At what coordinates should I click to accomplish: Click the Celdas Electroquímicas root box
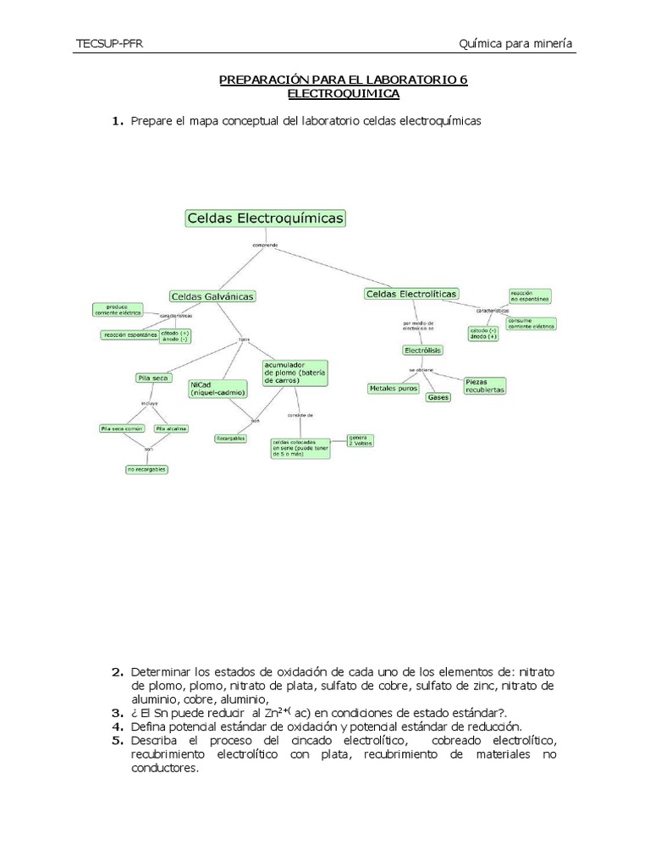pos(265,218)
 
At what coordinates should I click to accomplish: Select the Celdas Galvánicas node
pos(212,296)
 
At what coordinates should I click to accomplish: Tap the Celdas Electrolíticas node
pos(411,294)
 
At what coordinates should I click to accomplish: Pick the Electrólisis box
pos(423,350)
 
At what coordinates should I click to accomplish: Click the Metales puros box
pos(394,388)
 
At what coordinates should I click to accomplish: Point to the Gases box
pos(438,396)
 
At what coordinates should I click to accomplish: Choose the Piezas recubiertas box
pos(485,385)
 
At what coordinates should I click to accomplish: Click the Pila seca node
pos(153,378)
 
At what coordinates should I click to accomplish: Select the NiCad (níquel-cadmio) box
pos(218,389)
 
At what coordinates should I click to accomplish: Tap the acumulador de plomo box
pos(295,372)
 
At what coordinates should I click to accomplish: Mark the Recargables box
pos(230,439)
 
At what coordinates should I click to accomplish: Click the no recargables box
pos(147,469)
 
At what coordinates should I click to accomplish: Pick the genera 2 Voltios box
pos(360,440)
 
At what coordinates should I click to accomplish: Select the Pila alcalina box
pos(171,428)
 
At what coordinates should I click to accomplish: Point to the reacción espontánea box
pos(129,334)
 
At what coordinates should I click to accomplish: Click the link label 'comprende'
pos(265,246)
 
